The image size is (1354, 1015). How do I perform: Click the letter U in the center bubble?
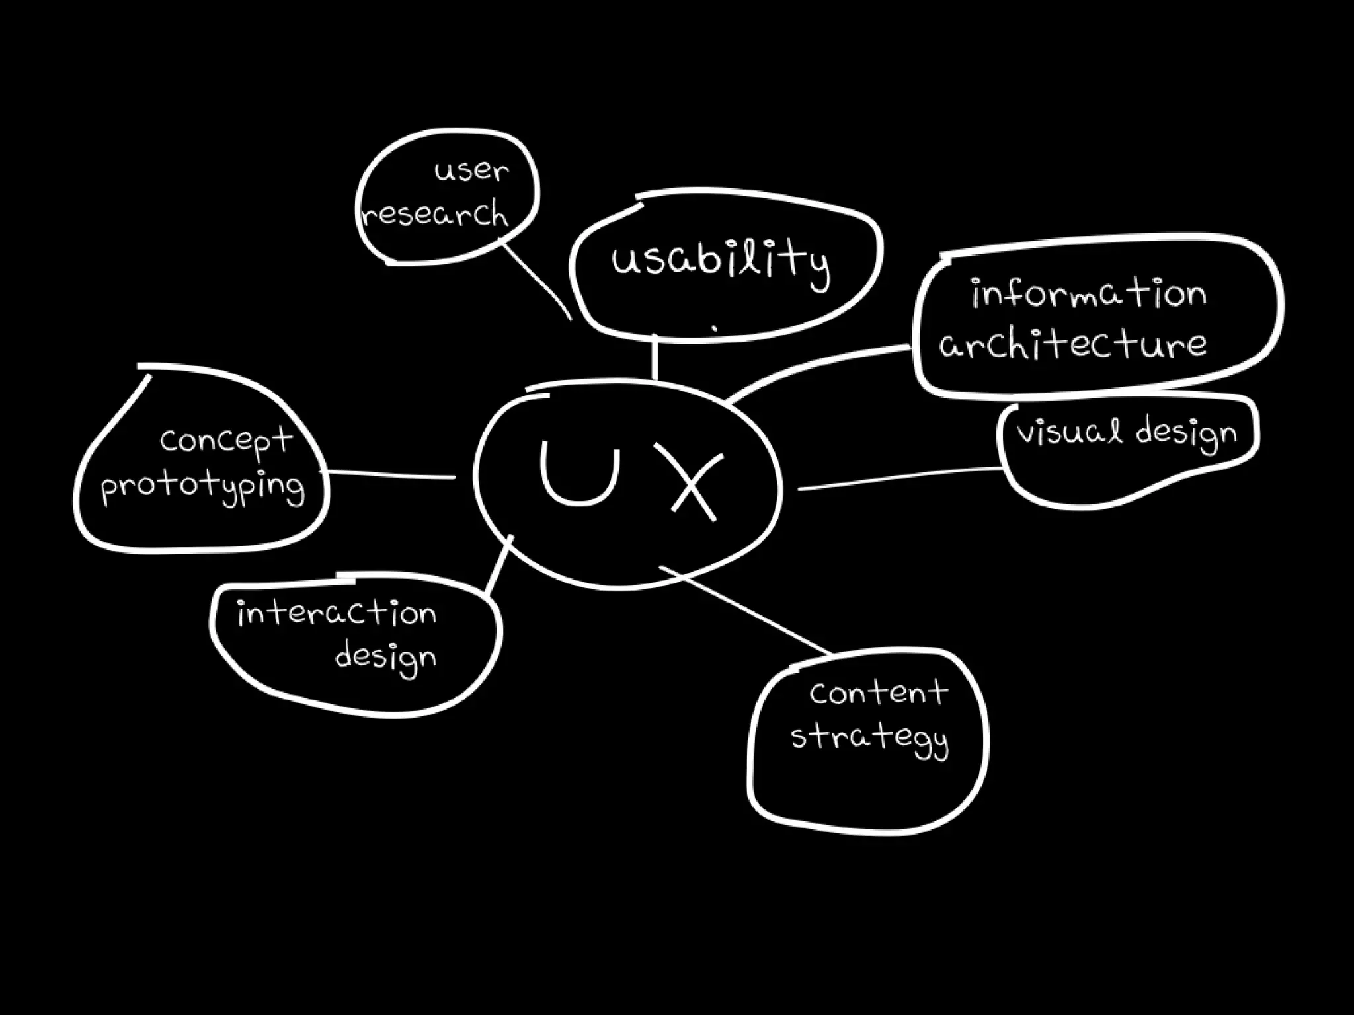(580, 473)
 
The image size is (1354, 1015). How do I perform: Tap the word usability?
(720, 260)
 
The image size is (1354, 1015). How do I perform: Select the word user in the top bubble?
(471, 171)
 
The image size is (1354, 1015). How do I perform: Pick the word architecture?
(1073, 344)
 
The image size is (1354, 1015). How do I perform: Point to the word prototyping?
(203, 488)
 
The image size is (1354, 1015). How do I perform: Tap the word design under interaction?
(385, 658)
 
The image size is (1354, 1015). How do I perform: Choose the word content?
(879, 693)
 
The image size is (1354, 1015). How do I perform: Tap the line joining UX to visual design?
(899, 479)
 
